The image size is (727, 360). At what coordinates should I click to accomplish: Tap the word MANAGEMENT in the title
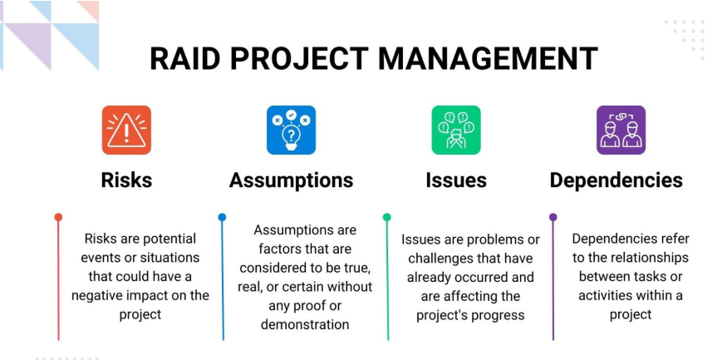click(488, 58)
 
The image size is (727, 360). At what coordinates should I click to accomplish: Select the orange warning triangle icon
click(126, 130)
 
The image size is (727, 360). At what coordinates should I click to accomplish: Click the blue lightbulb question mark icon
click(291, 130)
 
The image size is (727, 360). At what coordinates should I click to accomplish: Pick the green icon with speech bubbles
click(456, 130)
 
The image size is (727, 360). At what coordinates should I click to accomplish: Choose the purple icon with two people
click(621, 130)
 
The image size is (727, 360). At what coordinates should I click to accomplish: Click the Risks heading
click(126, 180)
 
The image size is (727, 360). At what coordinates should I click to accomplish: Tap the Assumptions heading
click(291, 180)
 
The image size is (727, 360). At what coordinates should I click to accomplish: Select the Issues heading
click(456, 180)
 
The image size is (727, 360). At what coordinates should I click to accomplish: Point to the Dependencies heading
click(616, 180)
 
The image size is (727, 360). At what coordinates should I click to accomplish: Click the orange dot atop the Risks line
click(58, 217)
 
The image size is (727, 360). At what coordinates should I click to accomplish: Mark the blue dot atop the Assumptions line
click(222, 217)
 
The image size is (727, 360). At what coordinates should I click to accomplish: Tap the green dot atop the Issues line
click(386, 217)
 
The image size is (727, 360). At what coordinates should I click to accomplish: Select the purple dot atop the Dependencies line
click(553, 217)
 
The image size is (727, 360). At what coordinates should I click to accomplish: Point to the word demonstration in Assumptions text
click(305, 324)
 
